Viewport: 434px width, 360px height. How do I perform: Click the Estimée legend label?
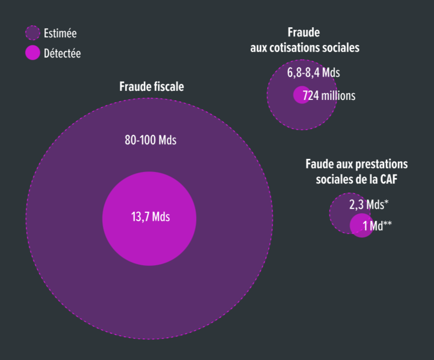[60, 34]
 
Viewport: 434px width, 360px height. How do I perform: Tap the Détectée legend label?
[62, 53]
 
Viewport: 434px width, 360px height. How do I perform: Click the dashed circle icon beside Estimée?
[33, 33]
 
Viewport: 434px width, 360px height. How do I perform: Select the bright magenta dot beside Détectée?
[33, 52]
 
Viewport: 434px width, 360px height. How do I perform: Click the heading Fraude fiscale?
[151, 87]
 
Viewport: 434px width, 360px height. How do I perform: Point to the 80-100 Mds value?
[150, 140]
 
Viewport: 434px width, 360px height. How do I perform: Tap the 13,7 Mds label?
[150, 217]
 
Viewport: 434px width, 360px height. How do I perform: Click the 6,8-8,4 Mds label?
[314, 73]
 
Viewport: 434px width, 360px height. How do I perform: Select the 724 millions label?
[329, 95]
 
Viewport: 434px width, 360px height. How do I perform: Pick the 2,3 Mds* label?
[368, 205]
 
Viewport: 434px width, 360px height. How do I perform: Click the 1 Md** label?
[377, 226]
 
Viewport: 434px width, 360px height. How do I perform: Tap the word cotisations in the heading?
[299, 48]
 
